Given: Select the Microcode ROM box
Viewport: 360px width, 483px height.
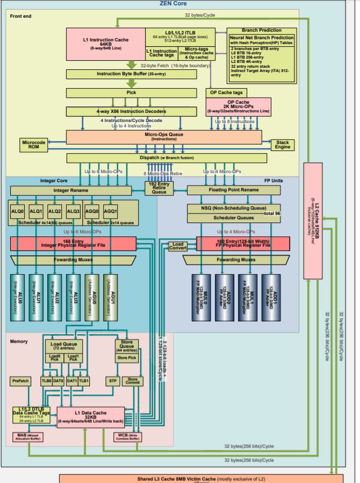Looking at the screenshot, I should click(34, 145).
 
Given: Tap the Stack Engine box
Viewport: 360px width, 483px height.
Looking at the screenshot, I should click(282, 145).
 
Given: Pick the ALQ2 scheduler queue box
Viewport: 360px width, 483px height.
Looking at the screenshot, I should click(54, 212).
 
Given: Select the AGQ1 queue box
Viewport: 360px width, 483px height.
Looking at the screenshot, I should click(110, 212).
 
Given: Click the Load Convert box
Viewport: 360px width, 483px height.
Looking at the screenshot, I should click(178, 246).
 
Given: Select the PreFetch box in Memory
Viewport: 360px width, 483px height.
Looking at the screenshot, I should click(20, 381).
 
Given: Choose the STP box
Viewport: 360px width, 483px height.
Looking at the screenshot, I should click(112, 381).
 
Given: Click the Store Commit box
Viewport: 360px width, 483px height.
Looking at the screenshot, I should click(132, 381).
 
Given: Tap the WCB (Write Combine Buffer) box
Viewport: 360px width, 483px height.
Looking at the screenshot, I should click(127, 437).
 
